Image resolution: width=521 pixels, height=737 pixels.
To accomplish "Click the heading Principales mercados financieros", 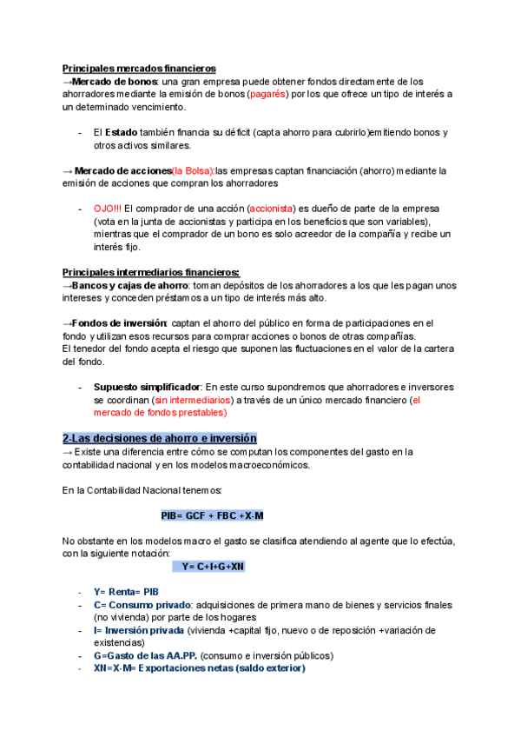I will [x=139, y=68].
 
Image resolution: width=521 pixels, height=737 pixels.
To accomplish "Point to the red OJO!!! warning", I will [x=108, y=209].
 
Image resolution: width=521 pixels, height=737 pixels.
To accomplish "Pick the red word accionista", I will [x=273, y=209].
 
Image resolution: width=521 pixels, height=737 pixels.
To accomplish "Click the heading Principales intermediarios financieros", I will [x=151, y=272].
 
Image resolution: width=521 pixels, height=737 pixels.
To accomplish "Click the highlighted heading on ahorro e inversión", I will [x=160, y=438].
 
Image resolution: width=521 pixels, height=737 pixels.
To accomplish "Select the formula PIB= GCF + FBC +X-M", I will [x=212, y=515].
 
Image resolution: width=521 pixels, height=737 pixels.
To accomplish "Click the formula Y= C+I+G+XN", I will [x=213, y=567].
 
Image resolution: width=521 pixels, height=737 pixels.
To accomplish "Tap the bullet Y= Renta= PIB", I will [x=126, y=592].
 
